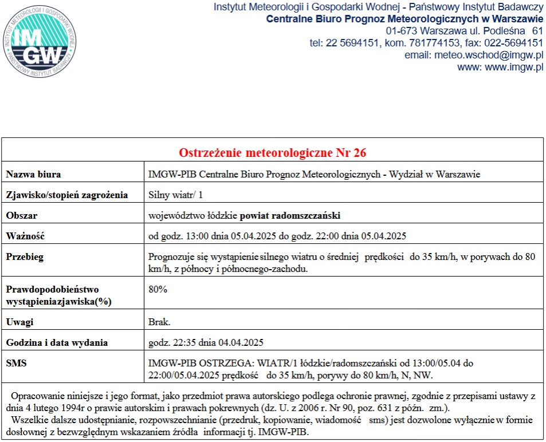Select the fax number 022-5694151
[x=507, y=43]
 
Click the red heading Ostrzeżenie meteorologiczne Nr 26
[x=273, y=153]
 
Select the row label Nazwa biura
[x=33, y=174]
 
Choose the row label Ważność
[x=25, y=236]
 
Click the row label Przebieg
[x=25, y=256]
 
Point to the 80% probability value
[x=158, y=289]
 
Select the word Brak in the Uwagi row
[x=158, y=322]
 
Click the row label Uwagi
[x=20, y=322]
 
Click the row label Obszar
[x=22, y=215]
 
